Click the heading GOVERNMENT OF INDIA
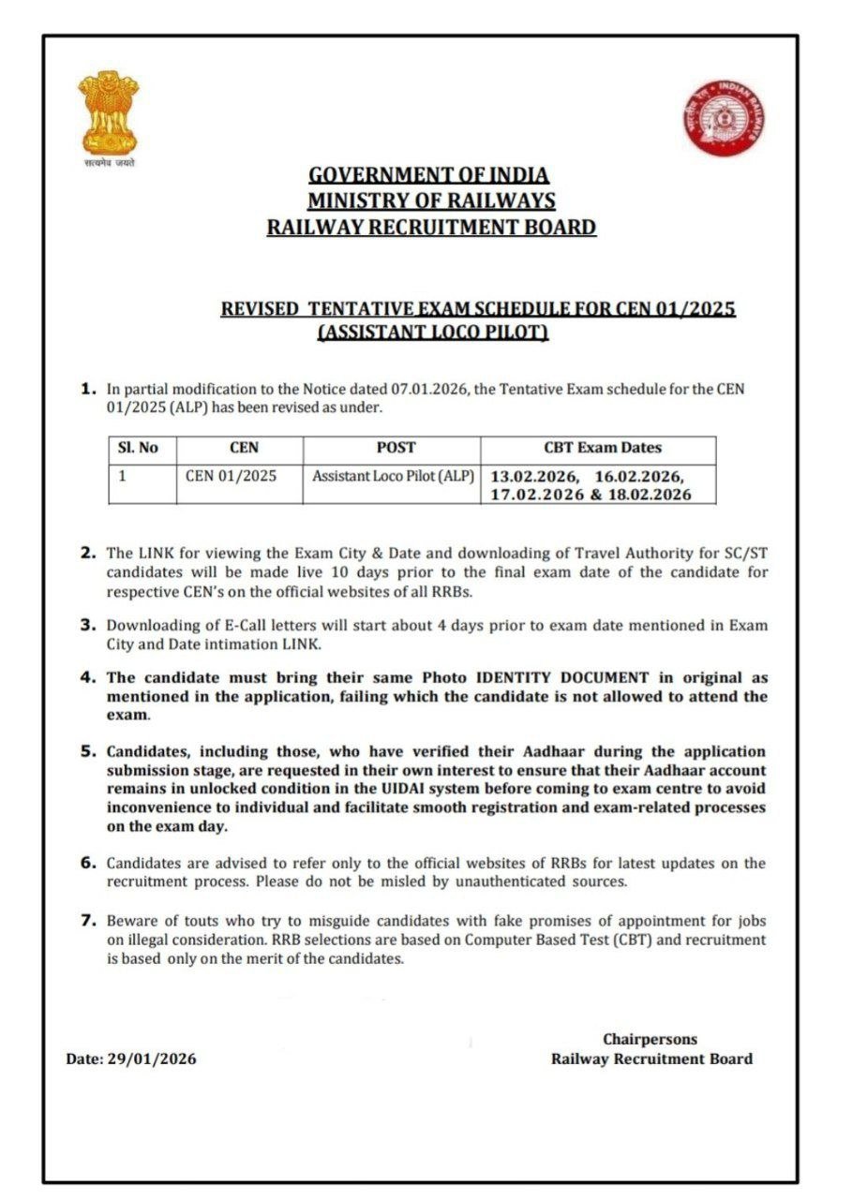[x=429, y=175]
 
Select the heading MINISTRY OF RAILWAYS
[x=431, y=200]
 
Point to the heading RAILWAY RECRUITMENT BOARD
[x=431, y=227]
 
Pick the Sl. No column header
[x=139, y=448]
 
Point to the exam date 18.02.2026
[x=650, y=495]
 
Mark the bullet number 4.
[x=88, y=676]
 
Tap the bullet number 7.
[x=88, y=920]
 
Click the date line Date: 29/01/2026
[x=131, y=1059]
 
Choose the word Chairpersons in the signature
[x=650, y=1039]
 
